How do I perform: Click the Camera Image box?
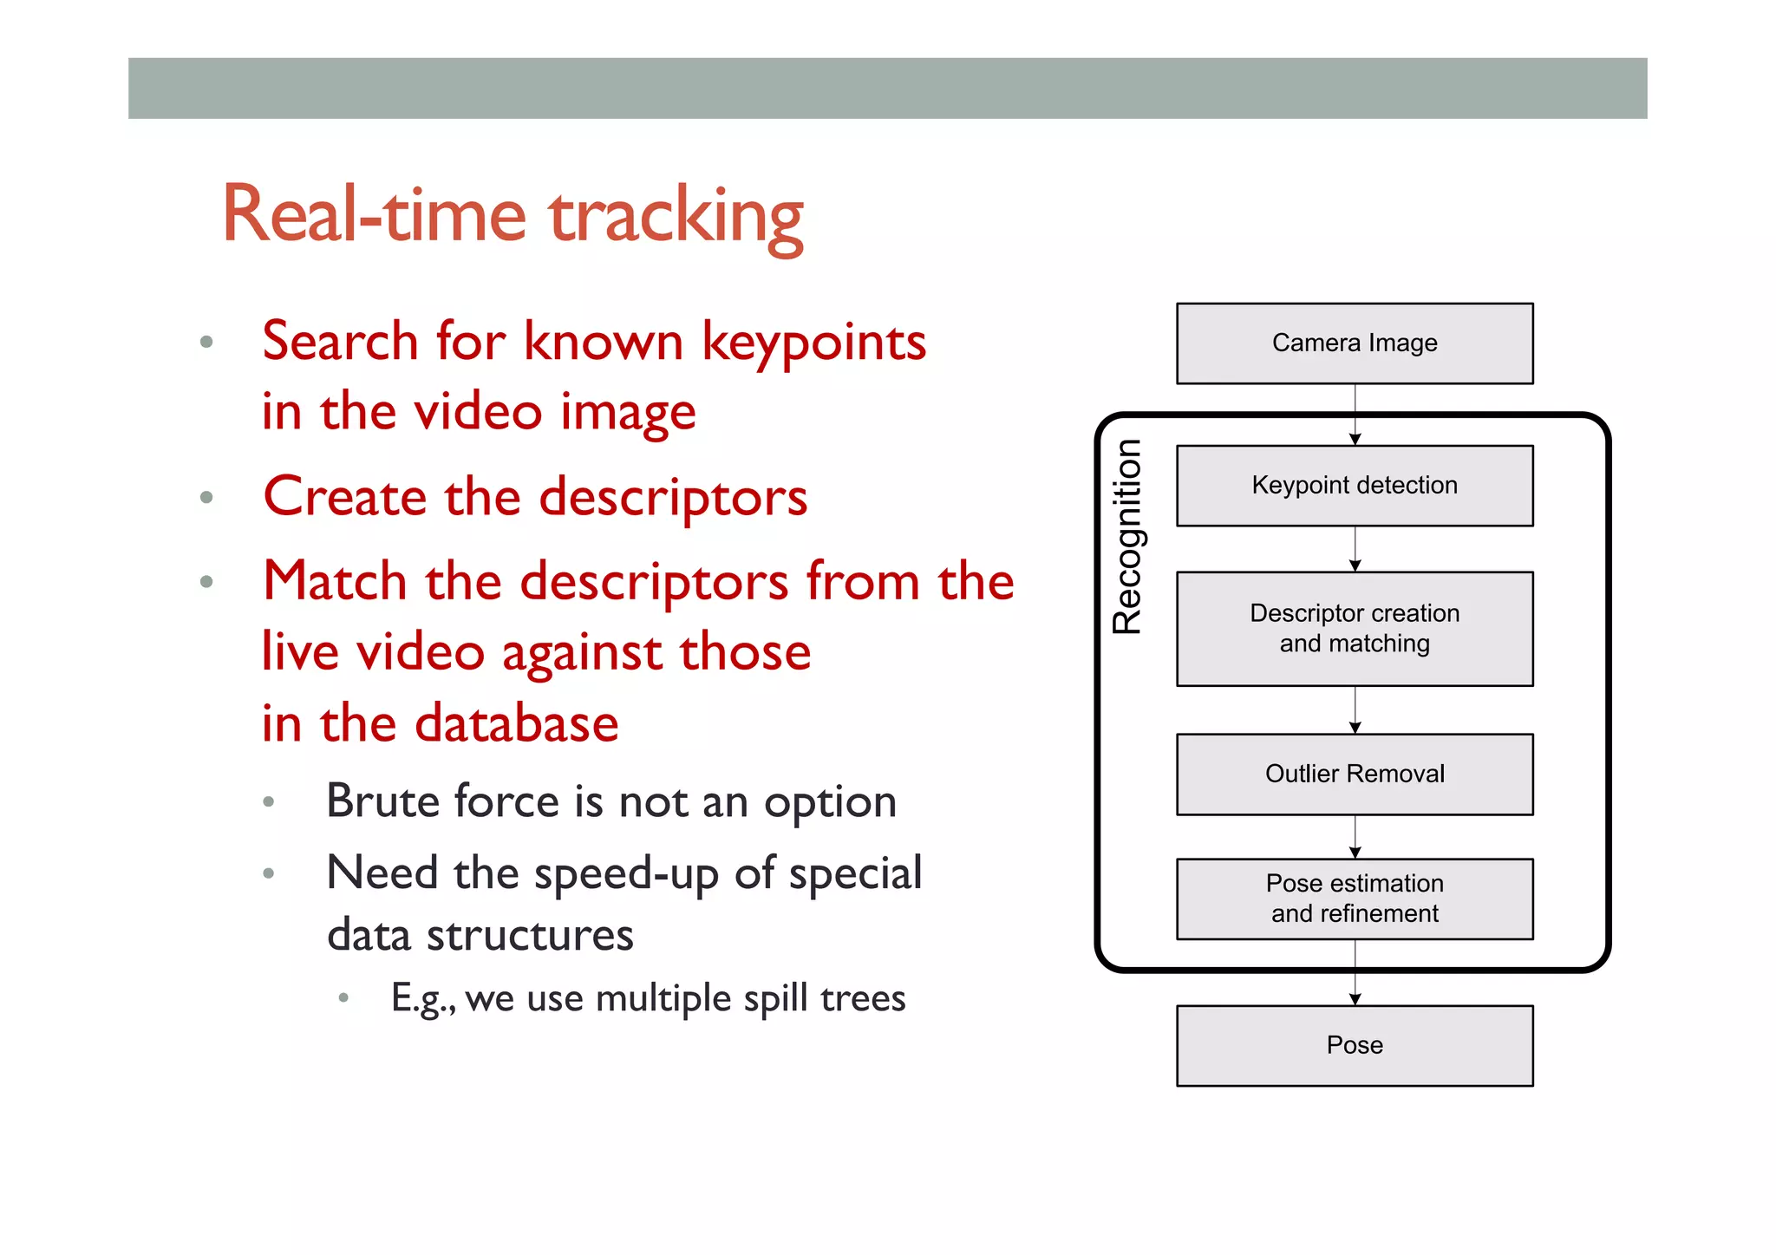coord(1354,343)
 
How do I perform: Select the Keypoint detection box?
coord(1354,486)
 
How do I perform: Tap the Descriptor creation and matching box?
coord(1354,629)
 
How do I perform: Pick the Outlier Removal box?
coord(1354,774)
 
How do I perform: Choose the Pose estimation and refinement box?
coord(1354,899)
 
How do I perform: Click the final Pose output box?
coord(1354,1045)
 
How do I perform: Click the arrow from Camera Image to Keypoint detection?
coord(1355,415)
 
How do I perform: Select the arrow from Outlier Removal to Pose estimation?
coord(1355,837)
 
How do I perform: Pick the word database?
coord(516,723)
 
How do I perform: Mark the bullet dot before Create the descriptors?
coord(206,498)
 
